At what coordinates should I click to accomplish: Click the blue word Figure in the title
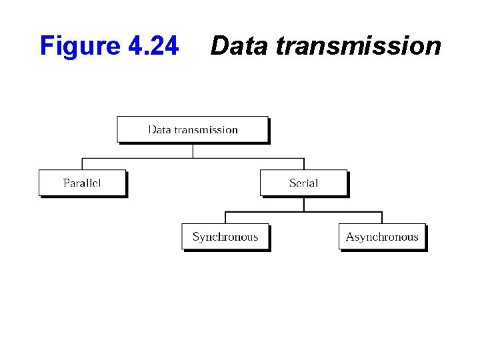click(78, 46)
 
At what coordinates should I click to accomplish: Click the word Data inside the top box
click(159, 129)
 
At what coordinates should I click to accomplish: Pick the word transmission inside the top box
click(206, 129)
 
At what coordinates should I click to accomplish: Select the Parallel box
click(82, 183)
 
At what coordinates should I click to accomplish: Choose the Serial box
click(303, 183)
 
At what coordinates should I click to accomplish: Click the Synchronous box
click(225, 237)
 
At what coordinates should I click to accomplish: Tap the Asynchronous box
click(382, 237)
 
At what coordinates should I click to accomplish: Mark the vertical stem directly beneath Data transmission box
click(193, 151)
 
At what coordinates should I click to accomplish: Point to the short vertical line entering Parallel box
click(82, 164)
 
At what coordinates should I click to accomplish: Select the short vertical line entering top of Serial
click(304, 164)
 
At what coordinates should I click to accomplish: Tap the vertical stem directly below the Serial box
click(304, 204)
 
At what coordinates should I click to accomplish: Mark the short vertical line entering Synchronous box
click(225, 217)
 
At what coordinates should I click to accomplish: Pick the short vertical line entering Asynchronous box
click(382, 217)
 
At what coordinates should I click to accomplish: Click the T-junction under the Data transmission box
click(193, 158)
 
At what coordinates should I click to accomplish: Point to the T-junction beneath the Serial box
click(304, 212)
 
